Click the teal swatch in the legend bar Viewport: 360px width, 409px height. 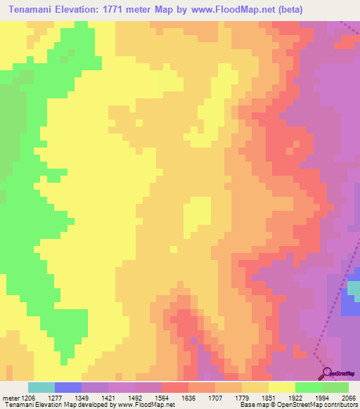[41, 387]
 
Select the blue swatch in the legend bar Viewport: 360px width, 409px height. [67, 387]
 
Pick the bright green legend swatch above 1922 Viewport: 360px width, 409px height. [309, 387]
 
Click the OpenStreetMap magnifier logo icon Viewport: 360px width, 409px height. [326, 372]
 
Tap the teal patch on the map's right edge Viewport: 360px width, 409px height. [355, 289]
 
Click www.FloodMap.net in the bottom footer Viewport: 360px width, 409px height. [144, 405]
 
